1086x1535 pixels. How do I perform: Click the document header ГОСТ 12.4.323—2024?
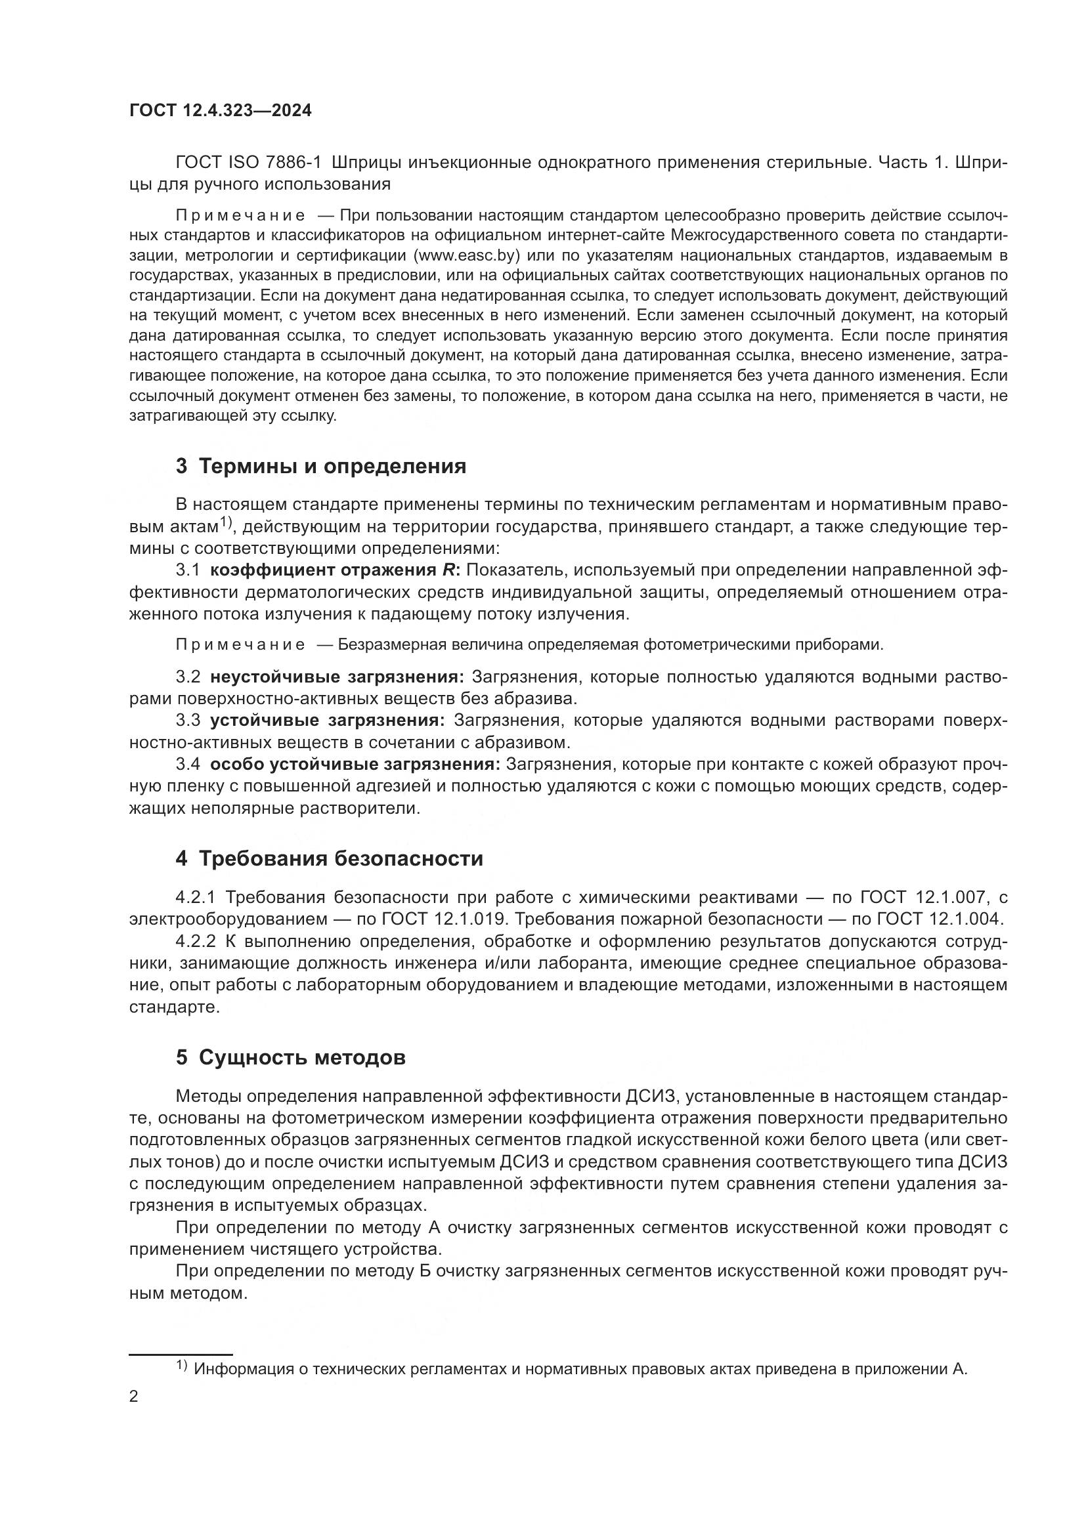220,111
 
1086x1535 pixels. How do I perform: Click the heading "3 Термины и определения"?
321,466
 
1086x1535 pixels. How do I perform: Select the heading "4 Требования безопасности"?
329,858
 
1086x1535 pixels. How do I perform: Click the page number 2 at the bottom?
134,1397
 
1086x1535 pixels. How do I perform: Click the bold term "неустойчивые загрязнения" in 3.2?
336,677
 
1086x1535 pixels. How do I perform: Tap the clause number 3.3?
188,721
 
